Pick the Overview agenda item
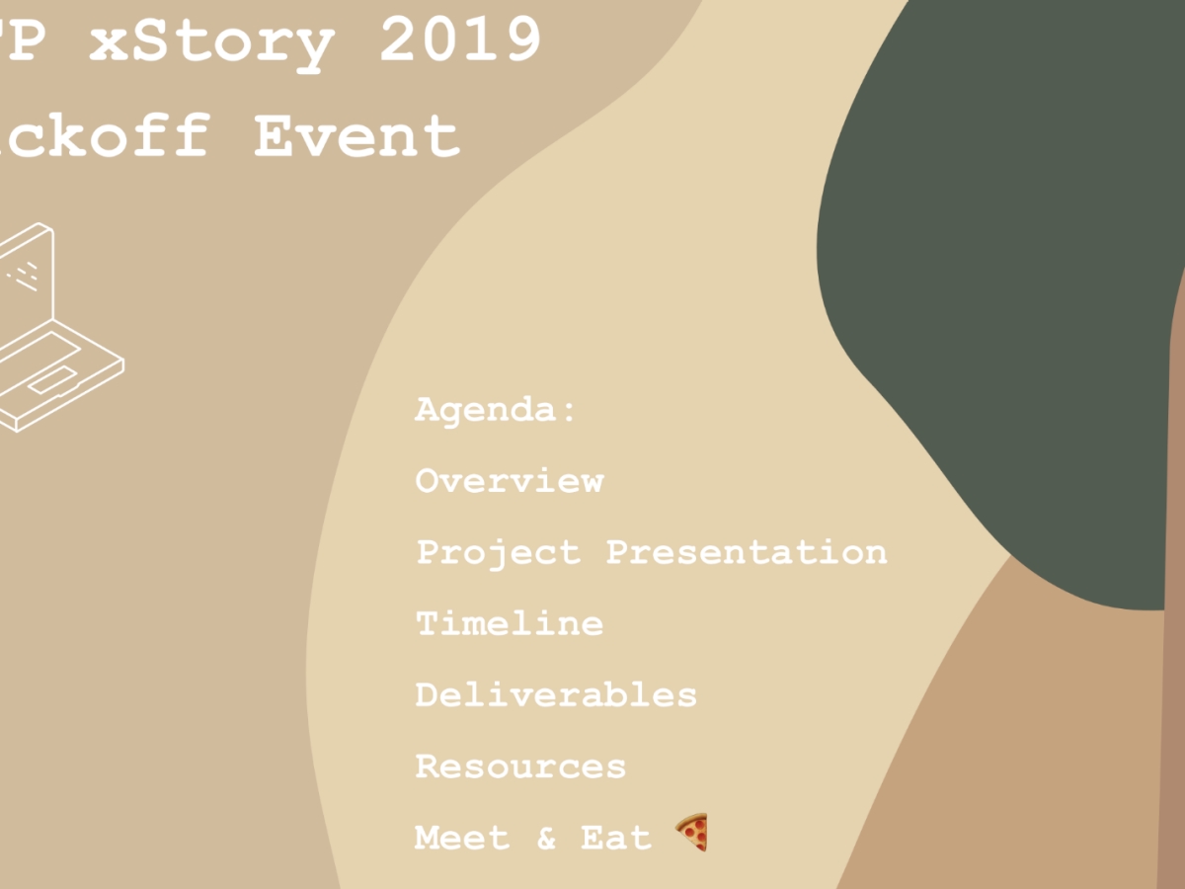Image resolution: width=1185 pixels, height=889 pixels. (510, 480)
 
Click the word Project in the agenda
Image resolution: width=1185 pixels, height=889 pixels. (498, 552)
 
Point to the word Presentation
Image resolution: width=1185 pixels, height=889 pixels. (746, 551)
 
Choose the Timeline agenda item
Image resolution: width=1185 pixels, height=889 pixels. (510, 623)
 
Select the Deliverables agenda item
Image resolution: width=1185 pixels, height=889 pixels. (556, 694)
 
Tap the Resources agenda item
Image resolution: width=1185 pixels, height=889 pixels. (520, 766)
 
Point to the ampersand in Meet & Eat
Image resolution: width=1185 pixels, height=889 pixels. (546, 839)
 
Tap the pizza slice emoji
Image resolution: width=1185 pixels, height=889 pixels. (692, 833)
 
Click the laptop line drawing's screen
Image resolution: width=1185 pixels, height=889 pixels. (26, 272)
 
